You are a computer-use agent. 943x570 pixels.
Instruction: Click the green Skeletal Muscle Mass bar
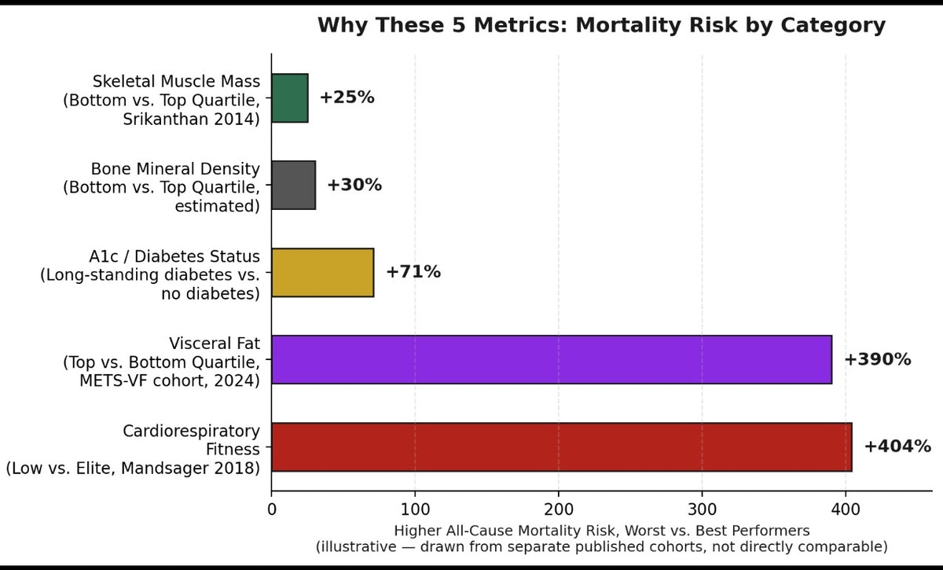pyautogui.click(x=290, y=98)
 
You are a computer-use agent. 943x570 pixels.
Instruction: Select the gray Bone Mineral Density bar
pyautogui.click(x=293, y=185)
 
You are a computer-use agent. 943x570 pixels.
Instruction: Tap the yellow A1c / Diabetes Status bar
pyautogui.click(x=322, y=273)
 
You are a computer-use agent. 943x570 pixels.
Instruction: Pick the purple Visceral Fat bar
pyautogui.click(x=552, y=360)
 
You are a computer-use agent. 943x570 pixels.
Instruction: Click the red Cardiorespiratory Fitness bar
pyautogui.click(x=562, y=447)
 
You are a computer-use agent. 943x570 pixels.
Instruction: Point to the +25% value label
pyautogui.click(x=347, y=97)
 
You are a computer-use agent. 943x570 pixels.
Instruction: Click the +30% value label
pyautogui.click(x=354, y=185)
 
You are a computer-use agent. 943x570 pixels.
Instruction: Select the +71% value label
pyautogui.click(x=413, y=272)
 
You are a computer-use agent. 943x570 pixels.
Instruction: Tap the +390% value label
pyautogui.click(x=878, y=359)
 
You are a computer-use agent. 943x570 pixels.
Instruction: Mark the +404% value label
pyautogui.click(x=897, y=446)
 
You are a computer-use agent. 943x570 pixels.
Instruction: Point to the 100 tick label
pyautogui.click(x=415, y=509)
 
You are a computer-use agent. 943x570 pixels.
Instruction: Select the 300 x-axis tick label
pyautogui.click(x=702, y=509)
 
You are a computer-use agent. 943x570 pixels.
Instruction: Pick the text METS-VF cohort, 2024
pyautogui.click(x=167, y=381)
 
